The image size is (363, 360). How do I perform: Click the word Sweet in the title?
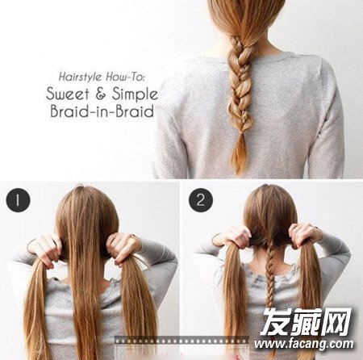click(68, 94)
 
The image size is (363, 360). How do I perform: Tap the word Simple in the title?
click(136, 94)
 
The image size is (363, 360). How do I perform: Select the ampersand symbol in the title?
click(101, 94)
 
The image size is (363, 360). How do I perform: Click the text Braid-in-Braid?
click(102, 111)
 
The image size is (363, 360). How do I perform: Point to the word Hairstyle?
click(80, 77)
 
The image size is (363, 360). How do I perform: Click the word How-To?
click(125, 77)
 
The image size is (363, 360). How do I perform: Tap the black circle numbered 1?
click(18, 200)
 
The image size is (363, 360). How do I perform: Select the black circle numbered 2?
click(201, 200)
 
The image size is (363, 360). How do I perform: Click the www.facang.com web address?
click(304, 344)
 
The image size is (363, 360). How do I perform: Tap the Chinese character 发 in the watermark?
click(275, 321)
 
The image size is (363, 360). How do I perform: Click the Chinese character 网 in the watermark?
click(337, 321)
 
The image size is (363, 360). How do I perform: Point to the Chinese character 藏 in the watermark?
click(306, 321)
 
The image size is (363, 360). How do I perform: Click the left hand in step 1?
click(46, 249)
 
